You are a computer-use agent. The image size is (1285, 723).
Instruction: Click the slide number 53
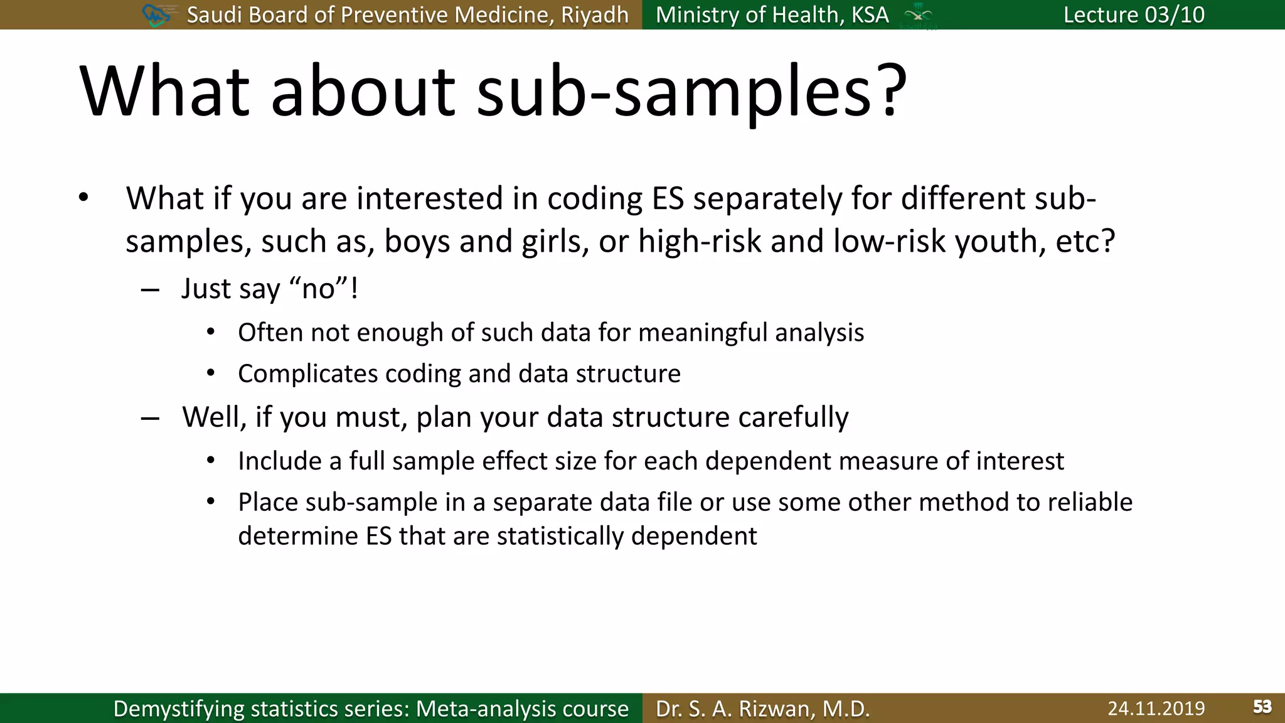[1262, 707]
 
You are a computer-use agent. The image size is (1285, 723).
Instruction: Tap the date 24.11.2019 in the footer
[1156, 708]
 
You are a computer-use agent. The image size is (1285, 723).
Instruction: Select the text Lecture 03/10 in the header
[1134, 14]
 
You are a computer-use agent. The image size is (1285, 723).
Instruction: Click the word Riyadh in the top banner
[594, 15]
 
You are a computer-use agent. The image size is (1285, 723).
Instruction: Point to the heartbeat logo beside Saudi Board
[156, 15]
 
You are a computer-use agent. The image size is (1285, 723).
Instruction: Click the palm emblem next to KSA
[918, 15]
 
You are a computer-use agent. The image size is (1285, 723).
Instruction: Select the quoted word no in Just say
[318, 289]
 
